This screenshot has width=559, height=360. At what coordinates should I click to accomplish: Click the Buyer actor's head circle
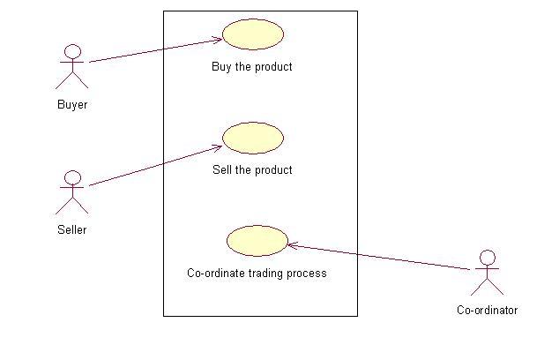[73, 51]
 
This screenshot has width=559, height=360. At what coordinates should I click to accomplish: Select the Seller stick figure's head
[73, 177]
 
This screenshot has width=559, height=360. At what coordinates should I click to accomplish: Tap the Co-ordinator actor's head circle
[487, 258]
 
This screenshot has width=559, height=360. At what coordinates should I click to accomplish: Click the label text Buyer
[72, 104]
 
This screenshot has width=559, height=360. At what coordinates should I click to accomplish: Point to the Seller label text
[72, 230]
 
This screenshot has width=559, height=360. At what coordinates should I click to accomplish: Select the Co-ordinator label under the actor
[487, 310]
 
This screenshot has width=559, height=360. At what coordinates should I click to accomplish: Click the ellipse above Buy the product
[252, 34]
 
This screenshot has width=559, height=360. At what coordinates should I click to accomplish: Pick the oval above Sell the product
[252, 138]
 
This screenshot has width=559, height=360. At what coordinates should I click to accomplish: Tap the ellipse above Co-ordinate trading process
[257, 241]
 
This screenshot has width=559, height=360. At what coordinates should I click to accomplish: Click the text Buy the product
[252, 66]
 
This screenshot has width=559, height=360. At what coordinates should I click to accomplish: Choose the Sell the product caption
[252, 169]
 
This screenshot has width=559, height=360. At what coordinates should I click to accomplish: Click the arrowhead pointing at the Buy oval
[217, 39]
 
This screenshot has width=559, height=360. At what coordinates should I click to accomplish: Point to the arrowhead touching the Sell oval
[217, 146]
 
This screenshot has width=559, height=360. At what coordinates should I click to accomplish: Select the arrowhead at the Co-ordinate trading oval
[293, 245]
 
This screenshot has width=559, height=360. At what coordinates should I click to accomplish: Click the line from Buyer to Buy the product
[150, 51]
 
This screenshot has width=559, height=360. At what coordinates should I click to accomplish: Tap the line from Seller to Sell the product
[150, 167]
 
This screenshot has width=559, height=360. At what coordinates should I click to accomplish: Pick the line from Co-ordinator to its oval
[379, 258]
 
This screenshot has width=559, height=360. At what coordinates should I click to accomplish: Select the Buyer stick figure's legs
[72, 81]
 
